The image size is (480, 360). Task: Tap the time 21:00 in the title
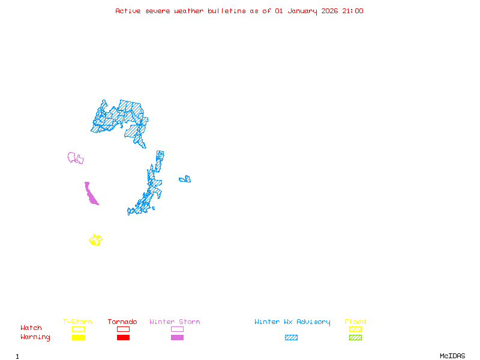(353, 11)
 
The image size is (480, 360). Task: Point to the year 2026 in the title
(330, 11)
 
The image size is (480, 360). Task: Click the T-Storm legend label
(77, 322)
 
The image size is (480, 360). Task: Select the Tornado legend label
(122, 322)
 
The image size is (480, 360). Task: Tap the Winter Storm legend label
(175, 322)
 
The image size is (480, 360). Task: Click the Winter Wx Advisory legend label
(292, 322)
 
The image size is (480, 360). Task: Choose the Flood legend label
(355, 322)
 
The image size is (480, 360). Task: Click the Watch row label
(31, 328)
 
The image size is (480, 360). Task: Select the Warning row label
(35, 337)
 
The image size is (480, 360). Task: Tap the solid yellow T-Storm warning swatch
(78, 338)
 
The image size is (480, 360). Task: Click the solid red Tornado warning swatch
(123, 338)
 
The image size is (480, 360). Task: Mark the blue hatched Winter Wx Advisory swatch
(291, 338)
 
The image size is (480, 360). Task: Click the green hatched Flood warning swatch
(355, 338)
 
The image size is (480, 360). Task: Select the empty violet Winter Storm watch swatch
(177, 329)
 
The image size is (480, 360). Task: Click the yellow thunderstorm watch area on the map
(95, 240)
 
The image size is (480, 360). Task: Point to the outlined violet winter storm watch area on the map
(74, 158)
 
